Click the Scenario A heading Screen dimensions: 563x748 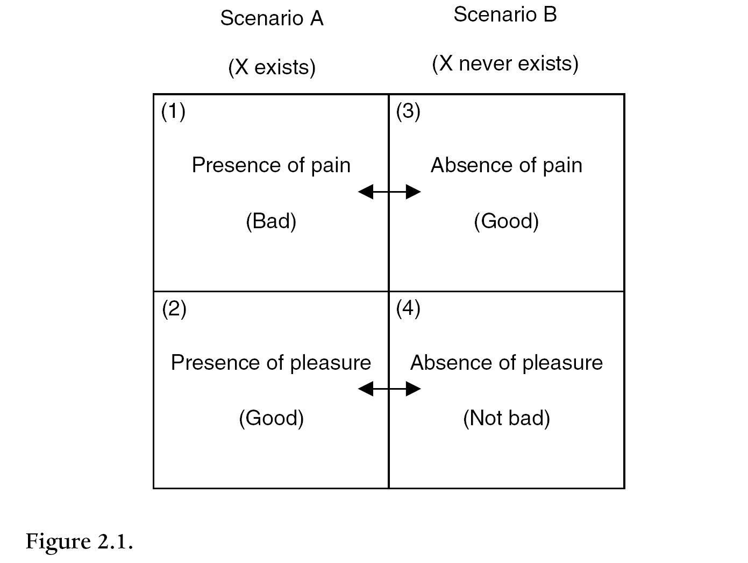point(272,19)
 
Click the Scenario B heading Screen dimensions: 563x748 point(505,15)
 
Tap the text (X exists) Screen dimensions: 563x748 point(272,67)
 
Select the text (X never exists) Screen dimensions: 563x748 point(505,64)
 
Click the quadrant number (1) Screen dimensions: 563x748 point(173,111)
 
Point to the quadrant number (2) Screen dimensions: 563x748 point(174,309)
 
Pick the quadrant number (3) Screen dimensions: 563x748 point(408,111)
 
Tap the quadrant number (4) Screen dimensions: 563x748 point(408,308)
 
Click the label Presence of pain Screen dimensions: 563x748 point(271,165)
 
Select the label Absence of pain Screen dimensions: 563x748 point(506,165)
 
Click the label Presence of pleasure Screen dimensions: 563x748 point(270,363)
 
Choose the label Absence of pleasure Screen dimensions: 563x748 point(506,363)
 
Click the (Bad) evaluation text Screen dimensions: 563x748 point(271,221)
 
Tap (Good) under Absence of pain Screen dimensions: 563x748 point(506,221)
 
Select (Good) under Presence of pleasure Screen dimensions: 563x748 point(271,418)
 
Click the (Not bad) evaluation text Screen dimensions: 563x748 point(506,418)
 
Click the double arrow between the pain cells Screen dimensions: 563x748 point(389,192)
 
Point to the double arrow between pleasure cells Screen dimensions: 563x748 point(389,389)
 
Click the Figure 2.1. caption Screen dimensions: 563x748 point(79,541)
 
